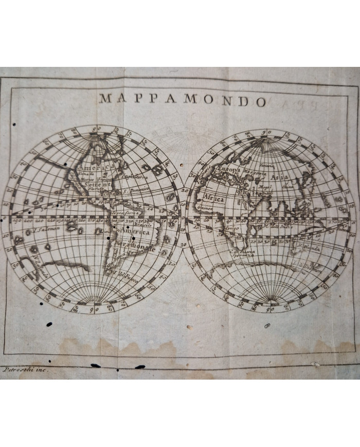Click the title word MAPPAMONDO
click(183, 99)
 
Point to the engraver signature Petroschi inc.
click(25, 369)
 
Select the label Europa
click(230, 169)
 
